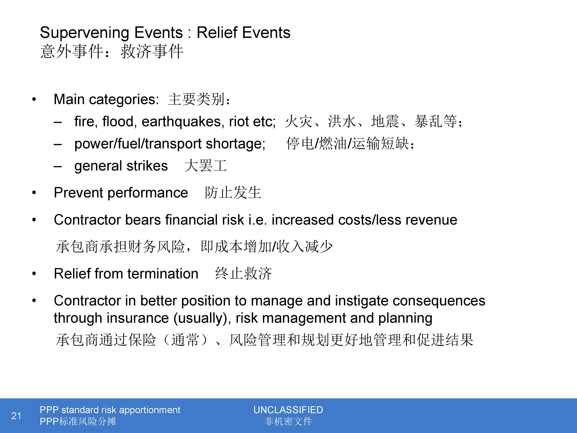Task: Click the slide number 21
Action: (16, 415)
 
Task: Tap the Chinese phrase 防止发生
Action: (233, 193)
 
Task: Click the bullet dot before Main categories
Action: (34, 99)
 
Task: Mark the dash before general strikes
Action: (58, 166)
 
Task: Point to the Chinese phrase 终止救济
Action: (243, 273)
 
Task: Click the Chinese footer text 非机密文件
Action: (288, 421)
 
